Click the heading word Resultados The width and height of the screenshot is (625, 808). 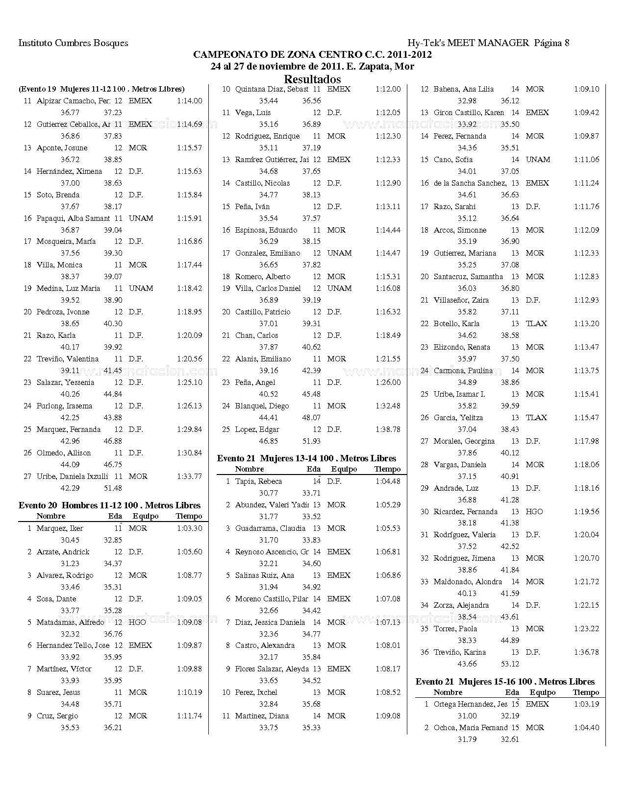coord(312,79)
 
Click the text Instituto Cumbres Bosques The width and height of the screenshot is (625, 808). coord(73,43)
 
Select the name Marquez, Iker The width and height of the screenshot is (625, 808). coord(60,528)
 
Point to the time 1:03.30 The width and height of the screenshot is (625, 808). coord(189,528)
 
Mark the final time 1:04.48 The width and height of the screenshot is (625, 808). coord(388,481)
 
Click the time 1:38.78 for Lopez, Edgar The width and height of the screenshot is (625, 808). coord(388,429)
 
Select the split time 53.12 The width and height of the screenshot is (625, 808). coord(510,664)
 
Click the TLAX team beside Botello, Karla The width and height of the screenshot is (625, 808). coord(536,324)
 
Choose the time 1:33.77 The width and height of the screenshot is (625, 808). coord(189,476)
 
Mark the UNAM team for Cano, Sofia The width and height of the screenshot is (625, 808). coord(538,160)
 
